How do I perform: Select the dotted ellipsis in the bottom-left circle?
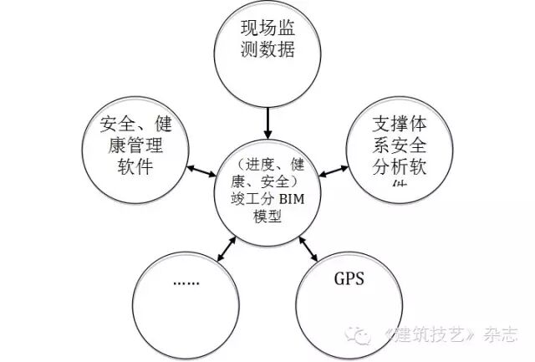pos(186,282)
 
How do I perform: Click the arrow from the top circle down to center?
pos(267,122)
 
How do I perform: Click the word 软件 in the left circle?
pos(137,166)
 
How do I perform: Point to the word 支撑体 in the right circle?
pos(400,126)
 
